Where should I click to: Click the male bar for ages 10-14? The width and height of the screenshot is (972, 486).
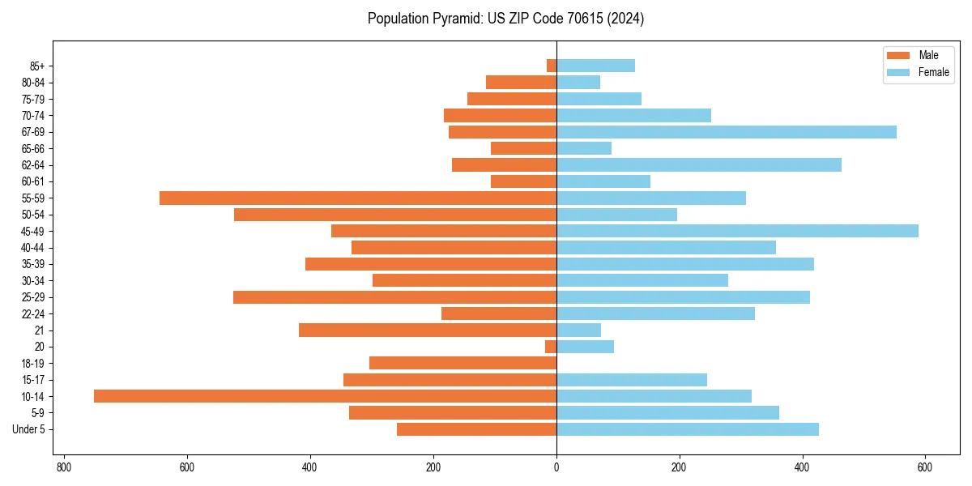pyautogui.click(x=325, y=396)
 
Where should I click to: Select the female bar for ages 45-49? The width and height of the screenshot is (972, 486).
pyautogui.click(x=737, y=231)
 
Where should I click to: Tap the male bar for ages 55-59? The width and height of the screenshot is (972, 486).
pyautogui.click(x=358, y=198)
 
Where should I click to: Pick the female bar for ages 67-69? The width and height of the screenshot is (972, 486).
pyautogui.click(x=727, y=132)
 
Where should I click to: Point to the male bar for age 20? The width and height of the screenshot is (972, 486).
pyautogui.click(x=551, y=347)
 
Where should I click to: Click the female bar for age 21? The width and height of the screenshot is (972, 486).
pyautogui.click(x=578, y=330)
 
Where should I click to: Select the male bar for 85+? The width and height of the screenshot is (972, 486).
pyautogui.click(x=552, y=66)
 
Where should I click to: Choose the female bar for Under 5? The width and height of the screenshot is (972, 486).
pyautogui.click(x=688, y=429)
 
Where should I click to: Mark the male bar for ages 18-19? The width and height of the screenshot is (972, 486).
pyautogui.click(x=463, y=363)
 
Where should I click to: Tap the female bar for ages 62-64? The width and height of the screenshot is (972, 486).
pyautogui.click(x=699, y=164)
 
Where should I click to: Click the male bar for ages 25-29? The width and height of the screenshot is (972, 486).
pyautogui.click(x=394, y=297)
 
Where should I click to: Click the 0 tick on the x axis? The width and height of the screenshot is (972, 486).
pyautogui.click(x=556, y=467)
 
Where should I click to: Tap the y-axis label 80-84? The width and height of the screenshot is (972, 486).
pyautogui.click(x=33, y=83)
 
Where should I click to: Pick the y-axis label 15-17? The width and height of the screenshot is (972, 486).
pyautogui.click(x=33, y=380)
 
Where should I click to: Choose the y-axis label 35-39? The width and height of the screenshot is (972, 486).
pyautogui.click(x=33, y=264)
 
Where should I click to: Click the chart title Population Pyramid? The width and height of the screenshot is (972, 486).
pyautogui.click(x=505, y=19)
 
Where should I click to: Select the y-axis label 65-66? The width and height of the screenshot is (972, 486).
pyautogui.click(x=33, y=148)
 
